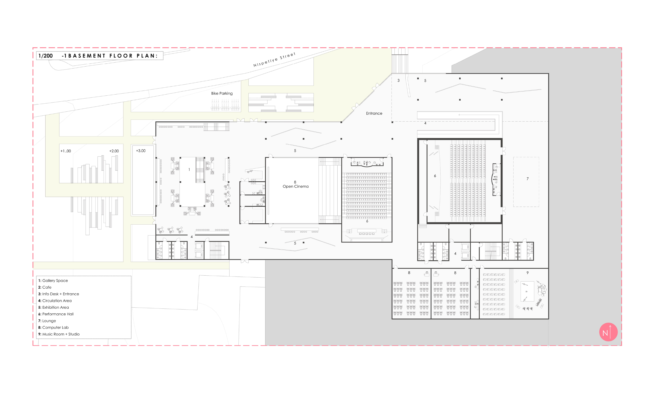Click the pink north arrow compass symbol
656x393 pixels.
pyautogui.click(x=608, y=332)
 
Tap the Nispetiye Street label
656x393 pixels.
pyautogui.click(x=274, y=60)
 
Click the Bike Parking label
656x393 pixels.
pyautogui.click(x=222, y=93)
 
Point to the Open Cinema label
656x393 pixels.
pyautogui.click(x=295, y=186)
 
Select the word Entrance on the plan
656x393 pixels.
pyautogui.click(x=374, y=113)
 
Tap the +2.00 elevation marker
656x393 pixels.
pyautogui.click(x=114, y=151)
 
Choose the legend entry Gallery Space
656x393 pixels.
pyautogui.click(x=53, y=280)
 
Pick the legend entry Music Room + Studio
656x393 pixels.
pyautogui.click(x=59, y=334)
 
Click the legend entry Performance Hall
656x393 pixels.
pyautogui.click(x=56, y=314)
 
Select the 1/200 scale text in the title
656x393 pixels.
pyautogui.click(x=46, y=56)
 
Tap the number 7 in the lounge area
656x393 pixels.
pyautogui.click(x=527, y=179)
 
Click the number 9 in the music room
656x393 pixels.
pyautogui.click(x=527, y=273)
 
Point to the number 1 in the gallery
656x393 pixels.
pyautogui.click(x=189, y=170)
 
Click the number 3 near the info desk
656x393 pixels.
pyautogui.click(x=398, y=81)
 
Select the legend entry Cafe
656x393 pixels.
pyautogui.click(x=45, y=287)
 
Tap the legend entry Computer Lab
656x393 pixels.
pyautogui.click(x=53, y=328)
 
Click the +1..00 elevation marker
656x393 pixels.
pyautogui.click(x=66, y=151)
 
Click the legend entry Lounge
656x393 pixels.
pyautogui.click(x=47, y=321)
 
